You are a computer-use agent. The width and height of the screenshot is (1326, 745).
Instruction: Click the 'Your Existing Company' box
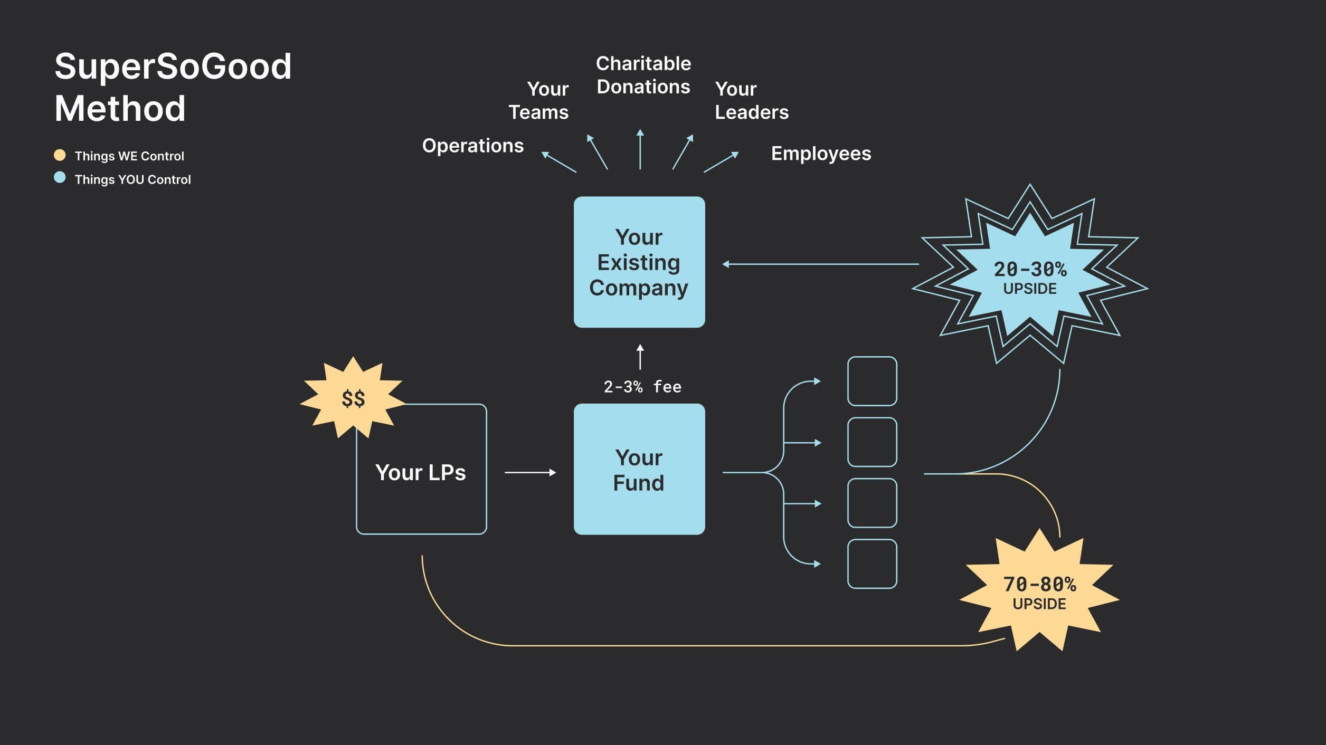639,262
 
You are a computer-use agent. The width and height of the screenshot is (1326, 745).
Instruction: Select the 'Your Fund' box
639,469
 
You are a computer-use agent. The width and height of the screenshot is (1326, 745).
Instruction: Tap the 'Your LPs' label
420,472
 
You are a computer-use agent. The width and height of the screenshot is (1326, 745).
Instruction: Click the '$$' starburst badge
353,398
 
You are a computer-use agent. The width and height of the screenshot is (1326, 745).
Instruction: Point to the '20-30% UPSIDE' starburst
1029,277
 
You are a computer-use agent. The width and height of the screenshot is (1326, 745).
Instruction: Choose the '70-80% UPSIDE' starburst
1039,593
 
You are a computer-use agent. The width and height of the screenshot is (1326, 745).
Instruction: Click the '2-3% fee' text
642,387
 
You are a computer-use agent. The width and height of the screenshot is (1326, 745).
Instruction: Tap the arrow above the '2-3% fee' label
640,357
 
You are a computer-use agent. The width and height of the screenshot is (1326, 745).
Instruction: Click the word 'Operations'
472,146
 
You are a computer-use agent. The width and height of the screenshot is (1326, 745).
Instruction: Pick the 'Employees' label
820,154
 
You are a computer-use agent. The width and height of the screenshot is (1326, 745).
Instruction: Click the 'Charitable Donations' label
643,75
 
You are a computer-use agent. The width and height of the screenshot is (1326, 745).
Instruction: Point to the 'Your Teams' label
538,100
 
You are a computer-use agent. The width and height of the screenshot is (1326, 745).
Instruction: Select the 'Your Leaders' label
751,100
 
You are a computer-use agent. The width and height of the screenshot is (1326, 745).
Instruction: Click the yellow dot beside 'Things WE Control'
60,155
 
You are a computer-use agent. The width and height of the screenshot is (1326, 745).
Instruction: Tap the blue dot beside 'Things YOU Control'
60,178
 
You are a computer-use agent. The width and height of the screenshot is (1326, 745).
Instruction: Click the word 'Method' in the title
120,108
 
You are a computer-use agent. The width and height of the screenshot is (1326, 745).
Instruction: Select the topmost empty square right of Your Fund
872,381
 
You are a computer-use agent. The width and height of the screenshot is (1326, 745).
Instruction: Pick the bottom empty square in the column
872,563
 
